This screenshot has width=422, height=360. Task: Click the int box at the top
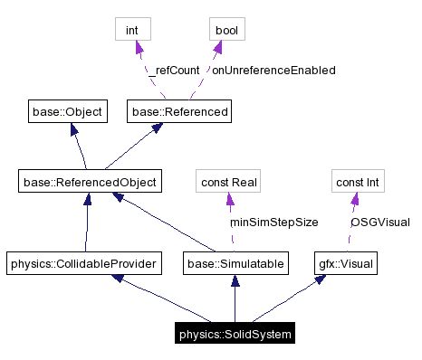click(131, 30)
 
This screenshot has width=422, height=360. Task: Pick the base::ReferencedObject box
click(89, 182)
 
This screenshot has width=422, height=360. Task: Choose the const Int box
click(357, 182)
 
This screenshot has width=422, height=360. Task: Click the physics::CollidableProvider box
click(83, 264)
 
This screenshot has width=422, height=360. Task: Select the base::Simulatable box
click(235, 264)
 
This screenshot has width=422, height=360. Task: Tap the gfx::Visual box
click(345, 264)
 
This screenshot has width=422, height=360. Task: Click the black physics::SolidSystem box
click(234, 335)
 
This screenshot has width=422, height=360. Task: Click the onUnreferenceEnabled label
click(261, 70)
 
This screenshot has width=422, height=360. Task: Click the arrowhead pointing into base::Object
click(65, 128)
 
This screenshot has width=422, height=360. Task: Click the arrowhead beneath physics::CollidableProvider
click(116, 280)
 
